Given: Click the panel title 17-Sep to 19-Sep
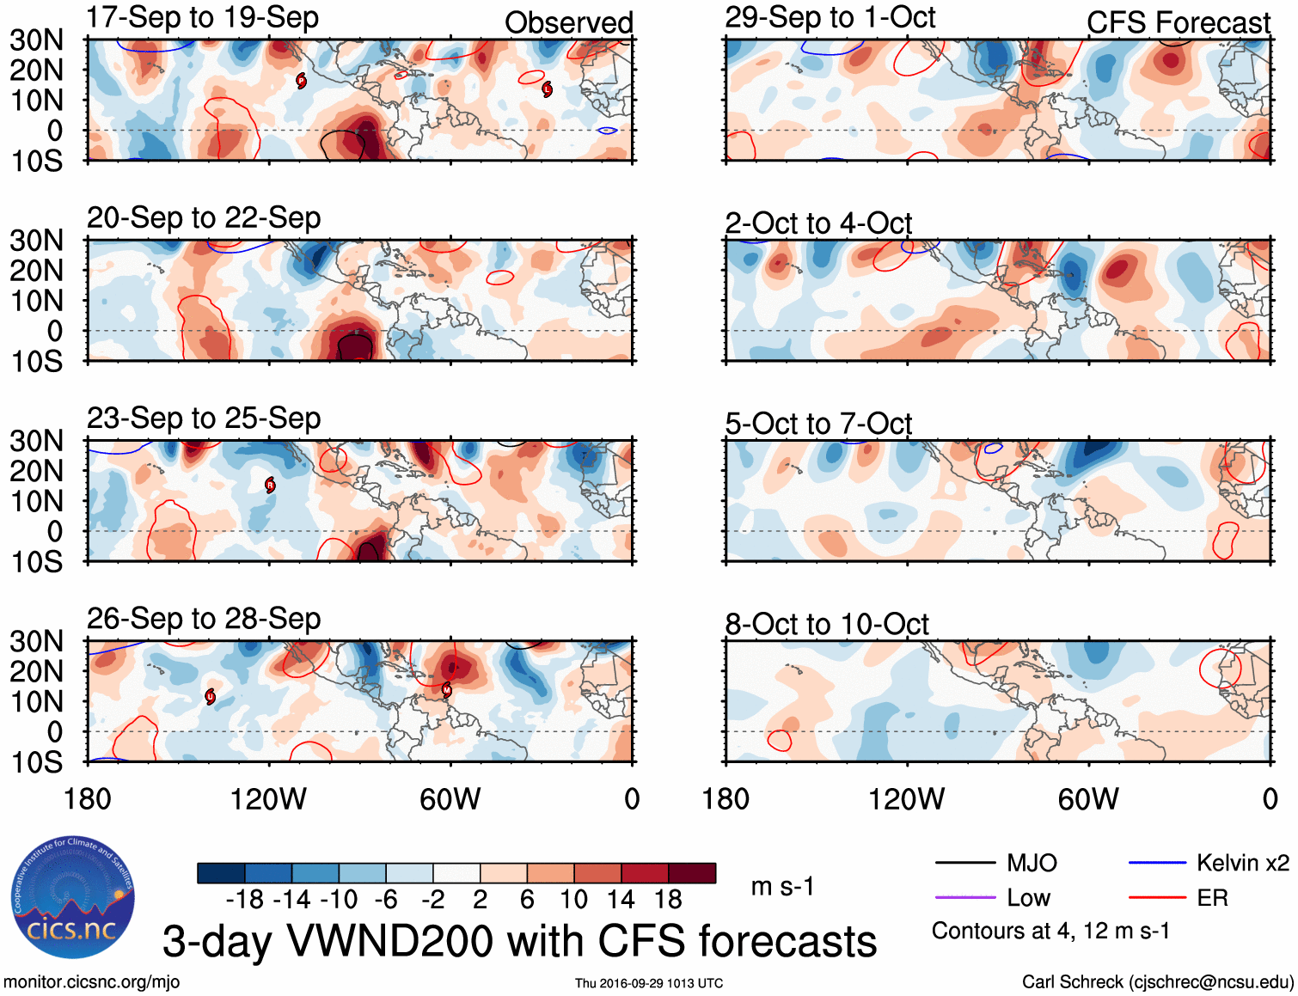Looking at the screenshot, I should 203,17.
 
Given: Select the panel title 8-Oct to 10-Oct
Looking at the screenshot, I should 826,624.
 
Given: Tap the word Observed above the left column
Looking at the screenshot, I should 568,22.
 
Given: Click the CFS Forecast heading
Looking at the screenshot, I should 1178,22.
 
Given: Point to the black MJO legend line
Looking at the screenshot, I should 964,863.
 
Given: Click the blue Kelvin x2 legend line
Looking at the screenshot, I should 1157,863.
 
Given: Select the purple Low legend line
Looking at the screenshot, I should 964,898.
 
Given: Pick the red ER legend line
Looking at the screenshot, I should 1157,898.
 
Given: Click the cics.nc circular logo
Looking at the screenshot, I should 72,897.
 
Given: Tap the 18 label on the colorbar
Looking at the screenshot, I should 668,900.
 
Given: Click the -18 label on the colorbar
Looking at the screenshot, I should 245,900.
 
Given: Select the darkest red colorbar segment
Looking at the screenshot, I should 692,873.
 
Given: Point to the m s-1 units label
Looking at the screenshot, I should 782,886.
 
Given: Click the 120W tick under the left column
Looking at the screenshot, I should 268,799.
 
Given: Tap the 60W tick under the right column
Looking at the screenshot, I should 1088,799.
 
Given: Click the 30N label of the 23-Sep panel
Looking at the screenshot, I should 37,441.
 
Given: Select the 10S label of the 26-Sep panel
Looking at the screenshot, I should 37,762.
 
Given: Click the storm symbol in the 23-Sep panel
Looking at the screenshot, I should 270,486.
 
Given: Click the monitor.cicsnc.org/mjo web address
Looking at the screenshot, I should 92,982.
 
